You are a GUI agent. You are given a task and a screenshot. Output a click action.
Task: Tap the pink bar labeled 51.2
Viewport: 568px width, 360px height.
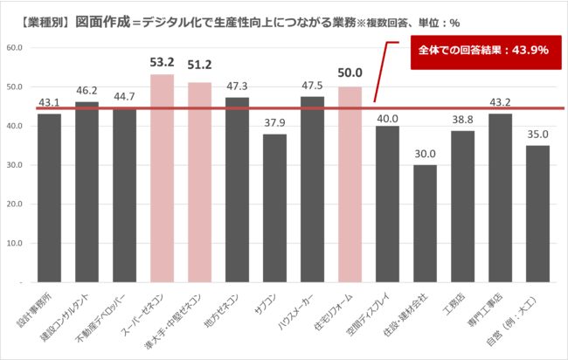[199, 183]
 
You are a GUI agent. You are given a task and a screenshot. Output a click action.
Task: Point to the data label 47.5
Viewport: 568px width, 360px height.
[312, 87]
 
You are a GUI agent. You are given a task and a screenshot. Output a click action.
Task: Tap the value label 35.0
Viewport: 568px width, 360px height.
[537, 135]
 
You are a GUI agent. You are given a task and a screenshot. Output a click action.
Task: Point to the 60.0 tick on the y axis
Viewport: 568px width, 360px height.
[15, 48]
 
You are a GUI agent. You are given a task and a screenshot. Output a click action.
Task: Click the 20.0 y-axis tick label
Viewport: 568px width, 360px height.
[15, 204]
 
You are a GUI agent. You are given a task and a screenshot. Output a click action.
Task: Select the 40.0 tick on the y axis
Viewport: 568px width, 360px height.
[15, 126]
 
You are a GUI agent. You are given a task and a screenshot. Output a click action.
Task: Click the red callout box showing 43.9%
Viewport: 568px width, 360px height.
[481, 51]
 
